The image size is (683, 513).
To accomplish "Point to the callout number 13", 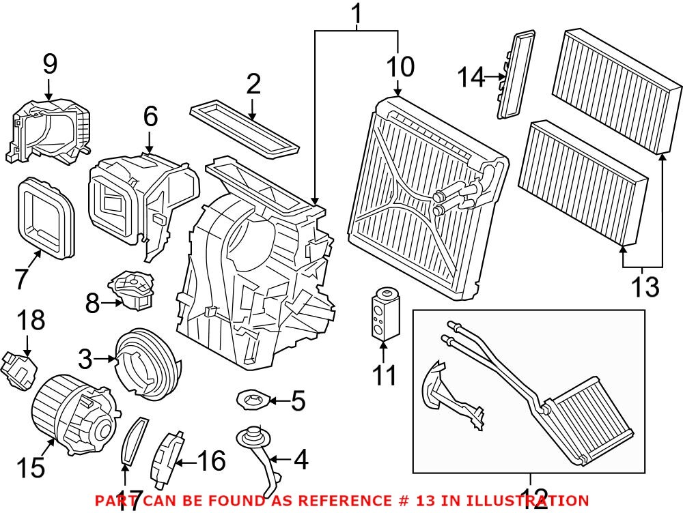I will (x=644, y=287).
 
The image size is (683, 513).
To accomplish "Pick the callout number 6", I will (x=150, y=117).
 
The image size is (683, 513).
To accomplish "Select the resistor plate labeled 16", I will (x=167, y=458).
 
